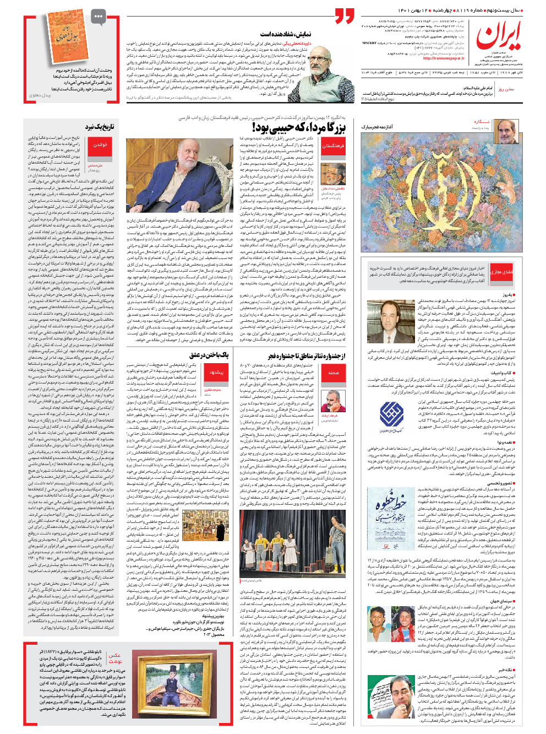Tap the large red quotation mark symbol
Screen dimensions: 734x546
coord(345,16)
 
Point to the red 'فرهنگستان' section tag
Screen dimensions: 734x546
coord(332,146)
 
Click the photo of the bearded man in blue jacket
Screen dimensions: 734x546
coord(180,175)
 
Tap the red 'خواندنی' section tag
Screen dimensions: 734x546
coord(100,145)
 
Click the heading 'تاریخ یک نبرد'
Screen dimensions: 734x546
coord(100,127)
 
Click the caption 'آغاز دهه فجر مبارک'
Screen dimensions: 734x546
coord(377,127)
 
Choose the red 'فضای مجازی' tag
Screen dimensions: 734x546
coord(501,272)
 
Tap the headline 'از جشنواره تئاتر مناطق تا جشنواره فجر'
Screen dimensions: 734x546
coord(307,356)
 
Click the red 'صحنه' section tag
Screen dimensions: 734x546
coord(333,373)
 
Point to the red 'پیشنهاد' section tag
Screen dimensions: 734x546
coord(216,373)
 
